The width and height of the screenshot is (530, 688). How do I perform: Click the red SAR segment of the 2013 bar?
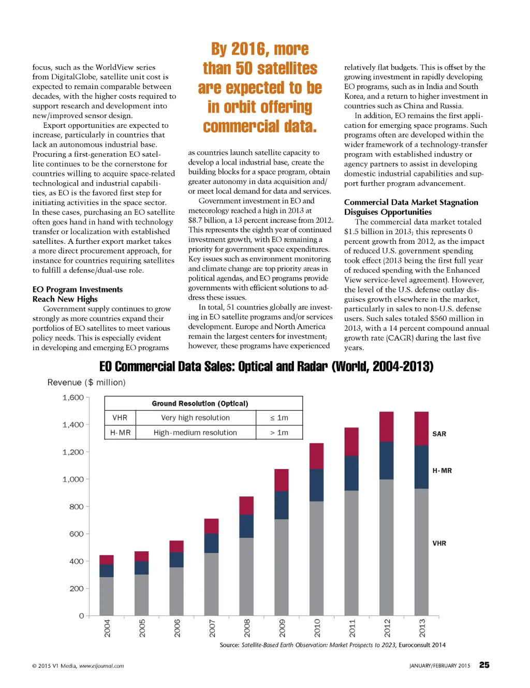tap(421, 428)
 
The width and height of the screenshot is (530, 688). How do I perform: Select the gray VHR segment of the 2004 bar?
tap(107, 596)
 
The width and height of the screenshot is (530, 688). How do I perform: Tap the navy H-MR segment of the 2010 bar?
tap(316, 485)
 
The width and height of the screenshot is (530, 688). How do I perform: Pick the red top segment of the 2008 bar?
tap(246, 505)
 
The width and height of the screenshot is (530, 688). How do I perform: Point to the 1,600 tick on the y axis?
tap(73, 398)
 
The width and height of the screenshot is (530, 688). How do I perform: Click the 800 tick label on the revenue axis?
tap(76, 507)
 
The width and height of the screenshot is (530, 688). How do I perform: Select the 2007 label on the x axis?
tap(212, 627)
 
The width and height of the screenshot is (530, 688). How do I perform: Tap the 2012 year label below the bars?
tap(387, 627)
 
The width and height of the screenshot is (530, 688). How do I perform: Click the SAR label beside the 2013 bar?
tap(439, 434)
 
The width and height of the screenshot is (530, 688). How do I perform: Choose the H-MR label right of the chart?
tap(442, 471)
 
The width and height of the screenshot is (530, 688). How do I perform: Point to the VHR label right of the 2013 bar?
tap(439, 543)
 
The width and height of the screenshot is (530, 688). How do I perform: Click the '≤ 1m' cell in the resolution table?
tap(279, 418)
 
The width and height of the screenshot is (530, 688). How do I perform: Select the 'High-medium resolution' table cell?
tap(195, 433)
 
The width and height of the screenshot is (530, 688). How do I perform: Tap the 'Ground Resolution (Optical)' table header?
tap(200, 404)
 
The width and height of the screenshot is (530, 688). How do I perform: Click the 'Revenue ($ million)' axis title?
tap(86, 383)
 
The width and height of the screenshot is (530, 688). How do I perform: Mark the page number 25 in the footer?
tap(484, 665)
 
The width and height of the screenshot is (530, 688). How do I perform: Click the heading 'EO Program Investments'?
tap(78, 289)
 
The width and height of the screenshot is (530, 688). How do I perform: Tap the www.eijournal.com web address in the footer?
tap(101, 666)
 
